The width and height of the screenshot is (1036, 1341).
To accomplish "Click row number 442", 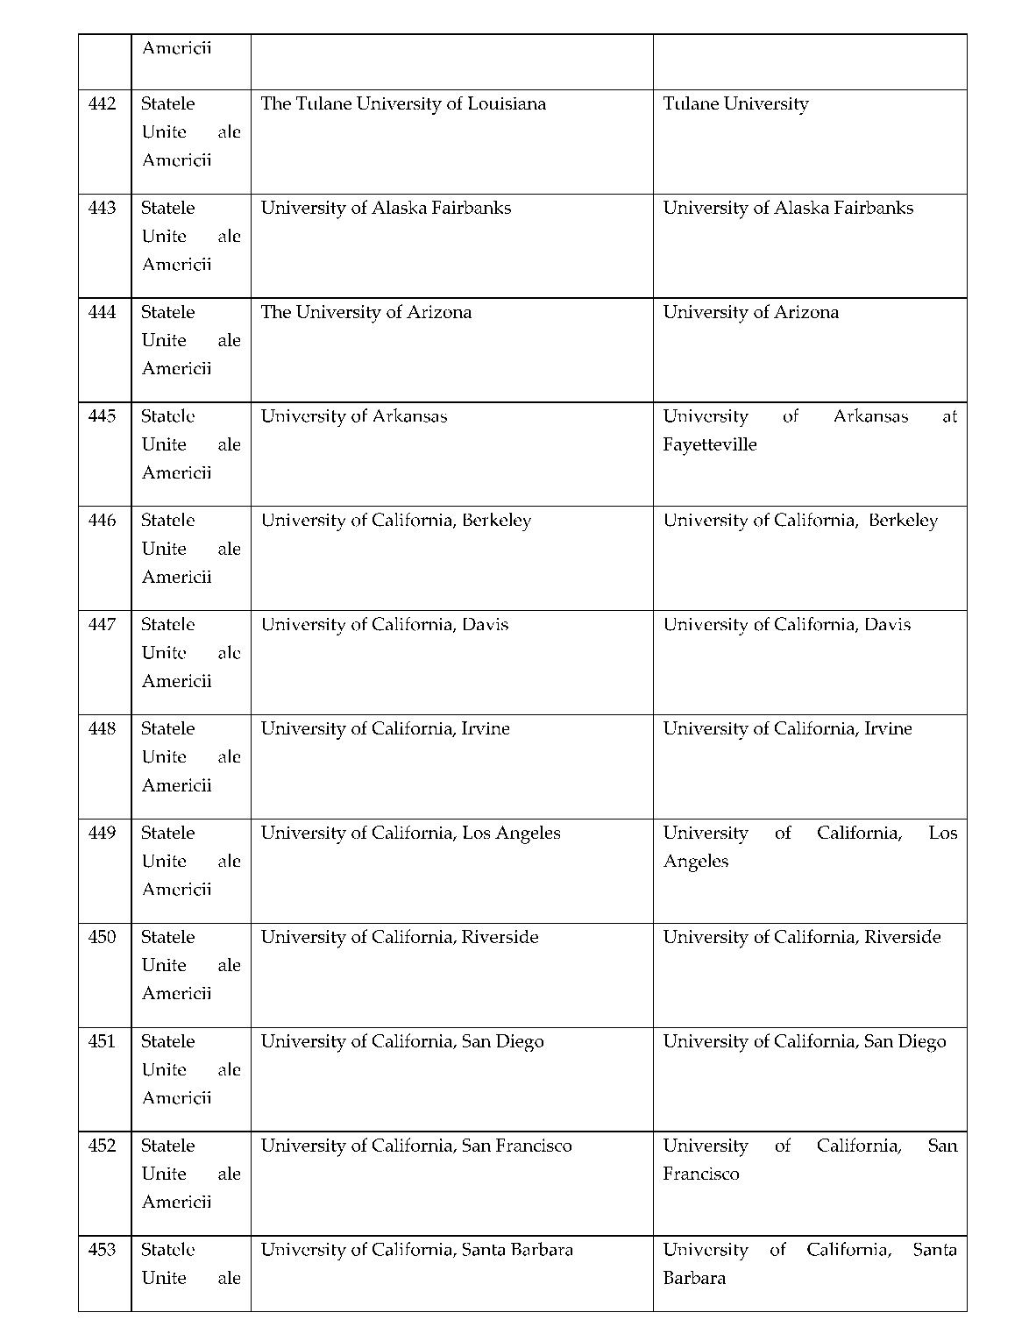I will (102, 104).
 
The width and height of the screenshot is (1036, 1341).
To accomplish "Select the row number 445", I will (102, 416).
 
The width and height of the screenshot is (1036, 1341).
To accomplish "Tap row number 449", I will (102, 833).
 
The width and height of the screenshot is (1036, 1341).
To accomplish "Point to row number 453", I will (102, 1250).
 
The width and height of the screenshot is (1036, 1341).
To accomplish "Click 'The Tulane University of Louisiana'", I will (403, 104).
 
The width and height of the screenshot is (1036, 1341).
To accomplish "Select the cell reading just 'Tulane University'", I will (735, 104).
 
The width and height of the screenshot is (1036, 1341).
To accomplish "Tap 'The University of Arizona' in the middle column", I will (365, 313).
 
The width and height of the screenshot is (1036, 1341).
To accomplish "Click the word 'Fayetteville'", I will (709, 444).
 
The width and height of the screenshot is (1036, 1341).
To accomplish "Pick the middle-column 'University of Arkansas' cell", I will (353, 416).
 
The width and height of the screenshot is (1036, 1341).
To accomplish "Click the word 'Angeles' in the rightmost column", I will (695, 862).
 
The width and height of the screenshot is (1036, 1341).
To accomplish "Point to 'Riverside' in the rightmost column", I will (902, 937).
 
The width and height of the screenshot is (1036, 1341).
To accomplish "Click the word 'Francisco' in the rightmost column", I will (700, 1174).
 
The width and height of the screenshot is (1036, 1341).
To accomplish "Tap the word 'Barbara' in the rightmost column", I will (694, 1278).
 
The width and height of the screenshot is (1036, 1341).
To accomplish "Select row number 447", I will (102, 625).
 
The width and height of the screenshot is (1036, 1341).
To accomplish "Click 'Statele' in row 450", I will (167, 937).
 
